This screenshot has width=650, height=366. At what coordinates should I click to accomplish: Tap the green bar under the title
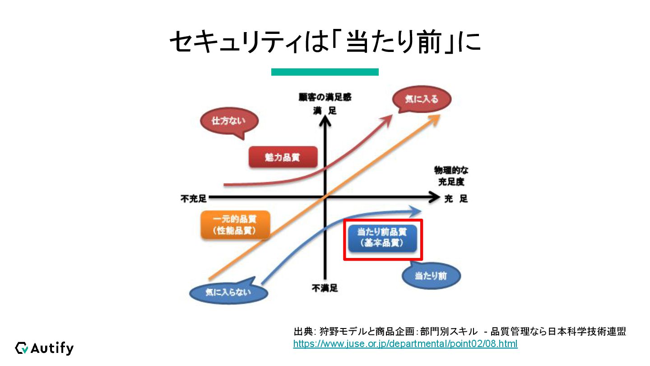click(325, 72)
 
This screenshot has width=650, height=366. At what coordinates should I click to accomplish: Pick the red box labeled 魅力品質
click(283, 158)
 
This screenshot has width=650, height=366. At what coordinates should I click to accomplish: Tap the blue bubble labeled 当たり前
click(431, 276)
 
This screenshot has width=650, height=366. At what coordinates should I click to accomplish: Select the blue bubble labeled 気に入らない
click(228, 292)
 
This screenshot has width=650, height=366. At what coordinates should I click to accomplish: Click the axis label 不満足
click(325, 288)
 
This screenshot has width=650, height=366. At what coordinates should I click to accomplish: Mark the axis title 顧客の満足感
click(325, 97)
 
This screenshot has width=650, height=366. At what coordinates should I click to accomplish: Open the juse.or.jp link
click(405, 344)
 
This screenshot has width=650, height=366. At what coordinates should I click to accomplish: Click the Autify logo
click(44, 348)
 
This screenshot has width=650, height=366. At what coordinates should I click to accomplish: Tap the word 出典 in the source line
click(302, 332)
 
